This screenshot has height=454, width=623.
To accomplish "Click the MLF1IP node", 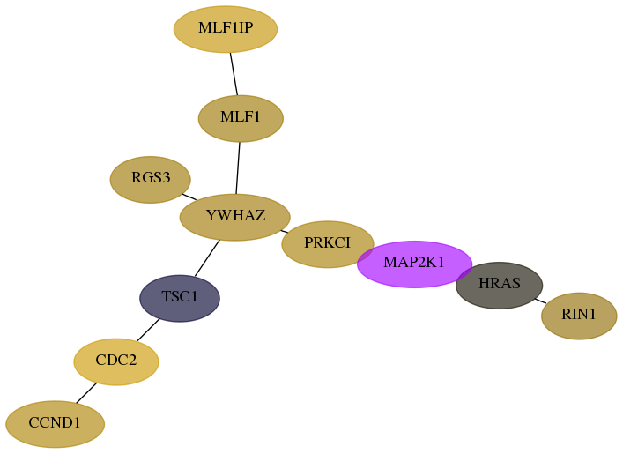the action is click(226, 29).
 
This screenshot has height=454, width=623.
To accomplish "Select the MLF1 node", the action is click(241, 118).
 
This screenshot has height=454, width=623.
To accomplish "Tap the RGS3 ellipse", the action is click(150, 180).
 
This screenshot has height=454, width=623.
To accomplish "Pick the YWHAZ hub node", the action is click(234, 218).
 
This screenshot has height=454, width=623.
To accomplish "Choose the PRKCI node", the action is click(328, 244).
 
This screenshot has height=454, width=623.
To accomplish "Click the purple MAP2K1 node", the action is click(414, 264).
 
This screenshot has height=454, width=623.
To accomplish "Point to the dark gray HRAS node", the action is click(500, 286).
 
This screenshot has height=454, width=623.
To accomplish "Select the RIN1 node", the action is click(579, 316).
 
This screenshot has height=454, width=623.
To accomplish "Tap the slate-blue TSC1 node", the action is click(180, 298).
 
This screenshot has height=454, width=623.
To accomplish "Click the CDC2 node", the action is click(116, 361).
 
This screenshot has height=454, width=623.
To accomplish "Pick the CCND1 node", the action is click(56, 424).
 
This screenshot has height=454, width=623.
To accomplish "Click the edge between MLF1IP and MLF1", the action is click(234, 74).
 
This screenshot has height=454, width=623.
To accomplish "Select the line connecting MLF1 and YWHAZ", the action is click(238, 168).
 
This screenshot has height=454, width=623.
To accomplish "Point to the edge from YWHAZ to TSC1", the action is click(207, 258).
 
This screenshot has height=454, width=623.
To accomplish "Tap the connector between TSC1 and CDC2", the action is click(149, 330).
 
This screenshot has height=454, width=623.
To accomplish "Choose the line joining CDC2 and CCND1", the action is click(86, 393).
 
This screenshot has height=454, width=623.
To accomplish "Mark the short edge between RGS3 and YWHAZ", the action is click(189, 197).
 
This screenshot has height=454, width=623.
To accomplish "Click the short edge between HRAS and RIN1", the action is click(540, 301).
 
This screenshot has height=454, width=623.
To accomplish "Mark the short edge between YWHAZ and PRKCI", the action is click(284, 231).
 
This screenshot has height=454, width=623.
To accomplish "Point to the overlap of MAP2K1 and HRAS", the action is click(464, 274).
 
